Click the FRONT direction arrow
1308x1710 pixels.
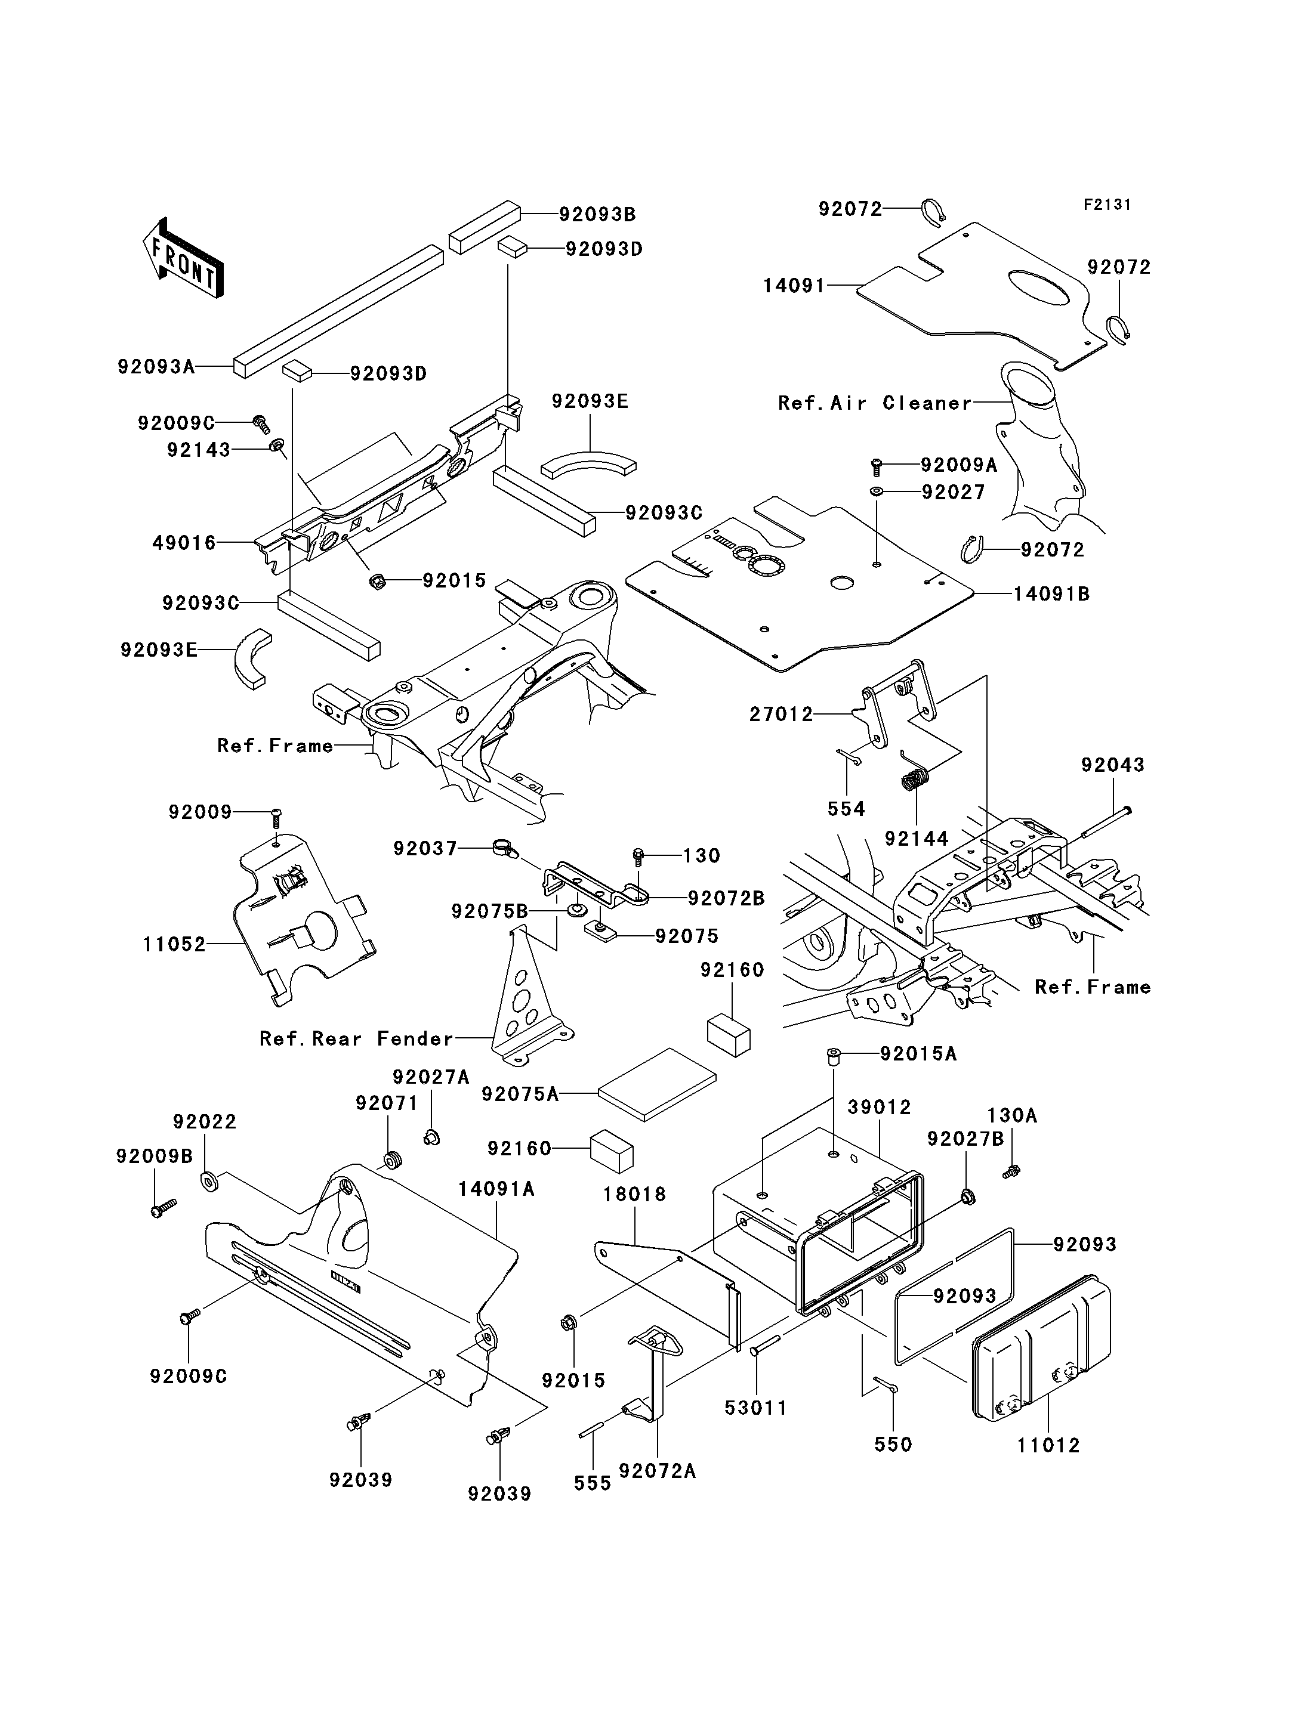(184, 258)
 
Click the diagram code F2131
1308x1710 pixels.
(1107, 205)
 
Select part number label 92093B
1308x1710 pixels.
(597, 214)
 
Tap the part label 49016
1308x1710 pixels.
(184, 543)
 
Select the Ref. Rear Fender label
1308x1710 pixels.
(357, 1038)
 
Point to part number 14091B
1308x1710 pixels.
(1051, 594)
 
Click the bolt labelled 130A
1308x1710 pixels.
(1011, 1192)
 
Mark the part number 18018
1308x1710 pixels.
(634, 1194)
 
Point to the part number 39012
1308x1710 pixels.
(879, 1107)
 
